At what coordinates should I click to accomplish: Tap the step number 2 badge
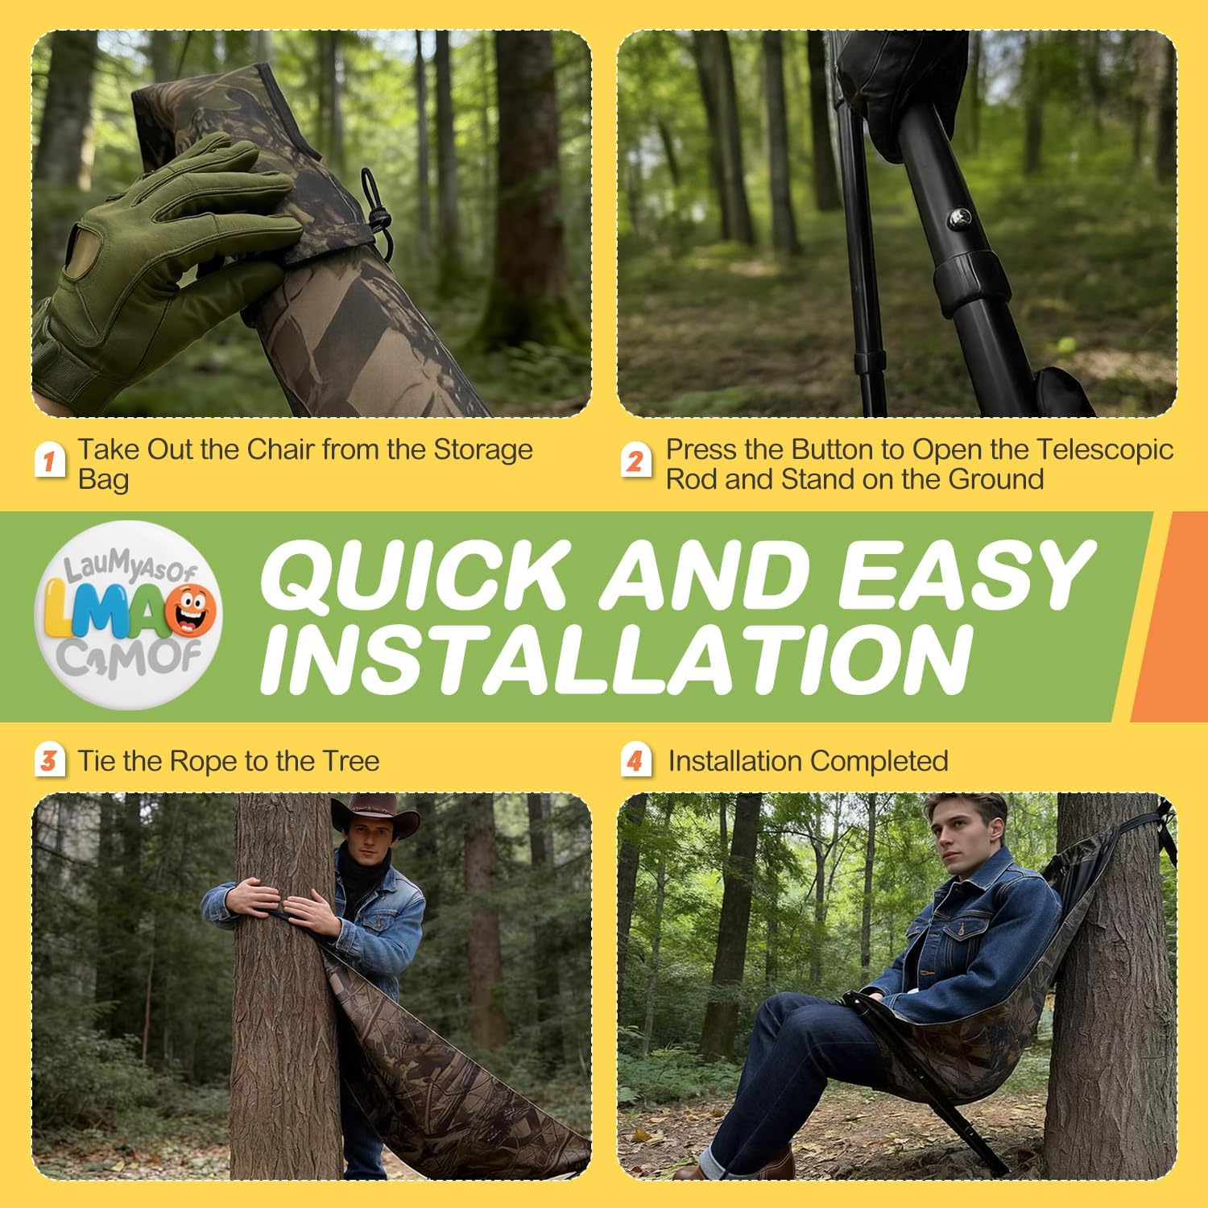[635, 461]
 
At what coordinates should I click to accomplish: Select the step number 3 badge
[49, 760]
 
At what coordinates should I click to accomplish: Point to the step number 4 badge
[635, 760]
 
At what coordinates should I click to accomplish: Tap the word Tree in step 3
[350, 761]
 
